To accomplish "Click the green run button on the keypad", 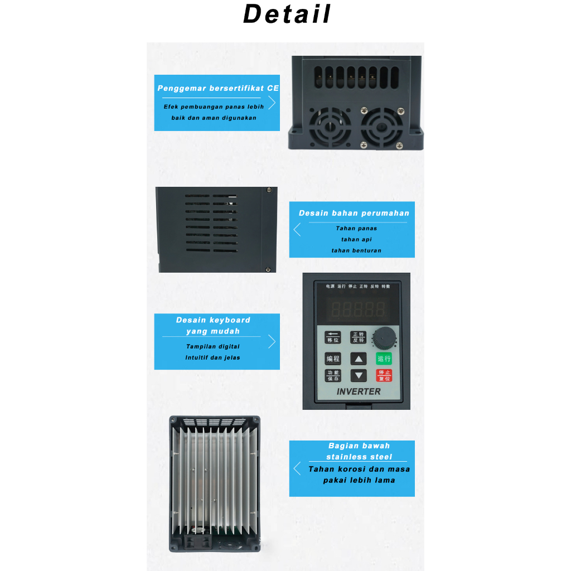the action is (384, 359).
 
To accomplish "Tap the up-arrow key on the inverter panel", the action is (359, 359).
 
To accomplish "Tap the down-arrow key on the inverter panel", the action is (359, 375).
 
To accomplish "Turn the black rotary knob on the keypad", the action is (383, 337).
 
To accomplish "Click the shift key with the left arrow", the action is (333, 337).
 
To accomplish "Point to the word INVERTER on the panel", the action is (359, 391).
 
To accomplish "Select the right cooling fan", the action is (382, 128).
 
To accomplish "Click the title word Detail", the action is (287, 14).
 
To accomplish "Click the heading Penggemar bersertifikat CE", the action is (218, 88).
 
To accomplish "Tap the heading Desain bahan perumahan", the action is (354, 213).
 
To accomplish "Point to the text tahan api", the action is (356, 239).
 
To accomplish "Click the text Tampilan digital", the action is (213, 346).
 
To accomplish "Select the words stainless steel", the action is (359, 457).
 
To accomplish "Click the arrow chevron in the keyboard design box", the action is (272, 341).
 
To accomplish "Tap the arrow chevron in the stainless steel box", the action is (297, 468).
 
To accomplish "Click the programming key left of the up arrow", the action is (333, 359).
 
